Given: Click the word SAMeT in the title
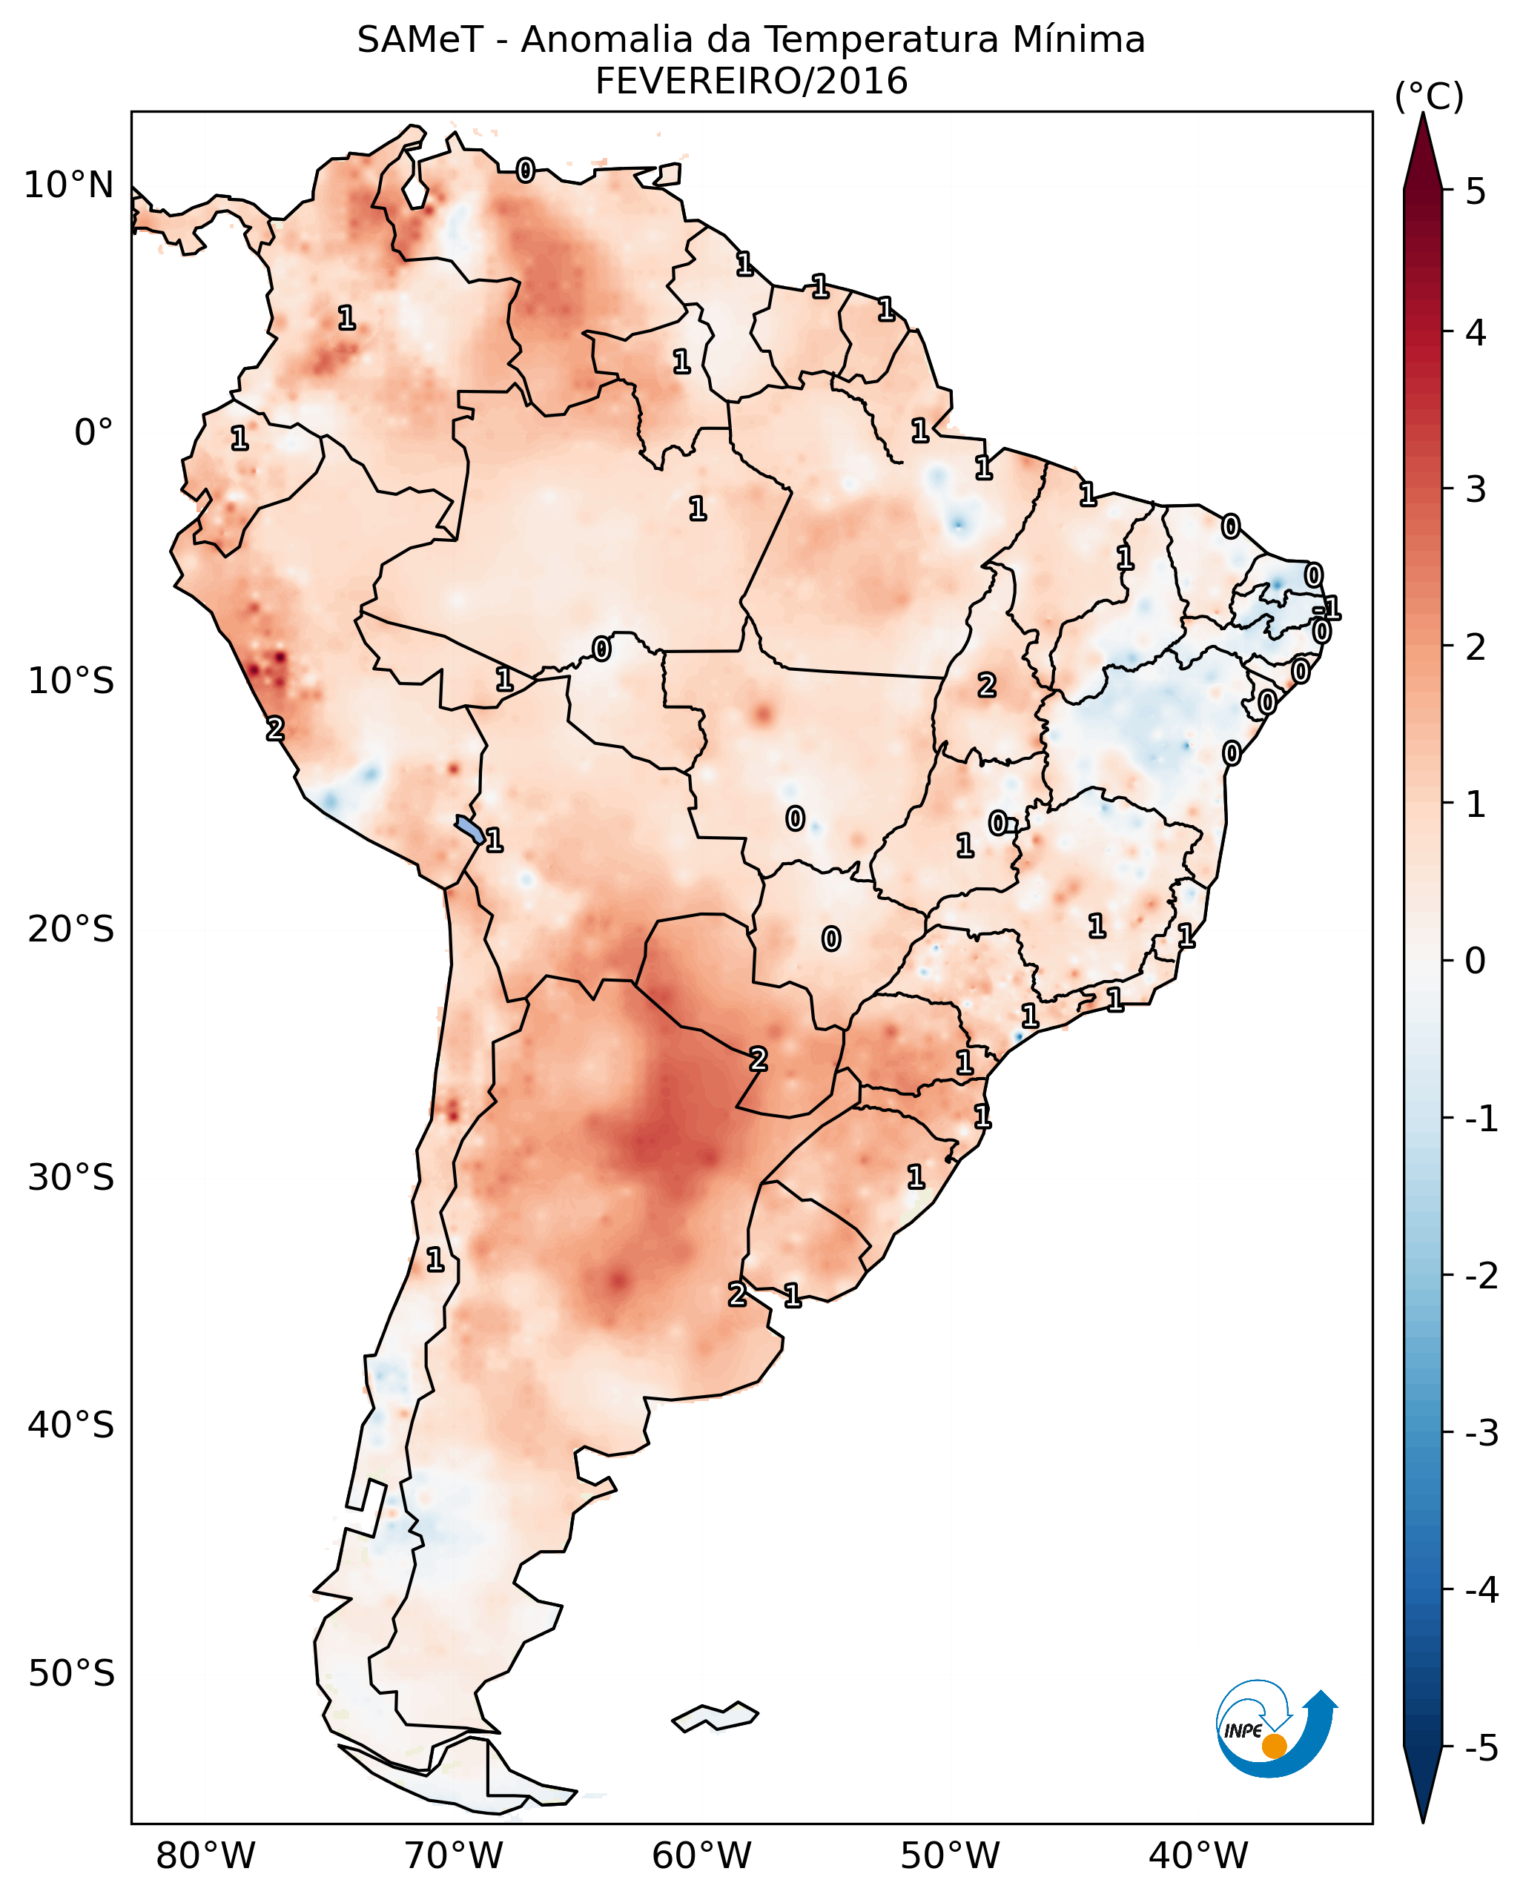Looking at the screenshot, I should point(419,41).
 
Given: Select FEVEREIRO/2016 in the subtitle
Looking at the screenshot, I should point(751,82).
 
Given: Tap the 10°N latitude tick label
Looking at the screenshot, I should point(69,185).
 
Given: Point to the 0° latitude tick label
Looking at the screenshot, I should point(93,433).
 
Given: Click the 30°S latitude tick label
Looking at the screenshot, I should point(70,1178).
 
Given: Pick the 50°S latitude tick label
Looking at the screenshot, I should point(70,1675).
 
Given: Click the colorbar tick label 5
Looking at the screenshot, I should point(1476,192).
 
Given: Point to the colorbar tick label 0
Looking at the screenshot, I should point(1476,961).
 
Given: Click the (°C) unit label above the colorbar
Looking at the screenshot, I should point(1429,97).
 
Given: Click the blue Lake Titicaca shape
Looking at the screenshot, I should point(469,829).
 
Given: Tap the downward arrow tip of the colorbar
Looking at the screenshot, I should point(1423,1814).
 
